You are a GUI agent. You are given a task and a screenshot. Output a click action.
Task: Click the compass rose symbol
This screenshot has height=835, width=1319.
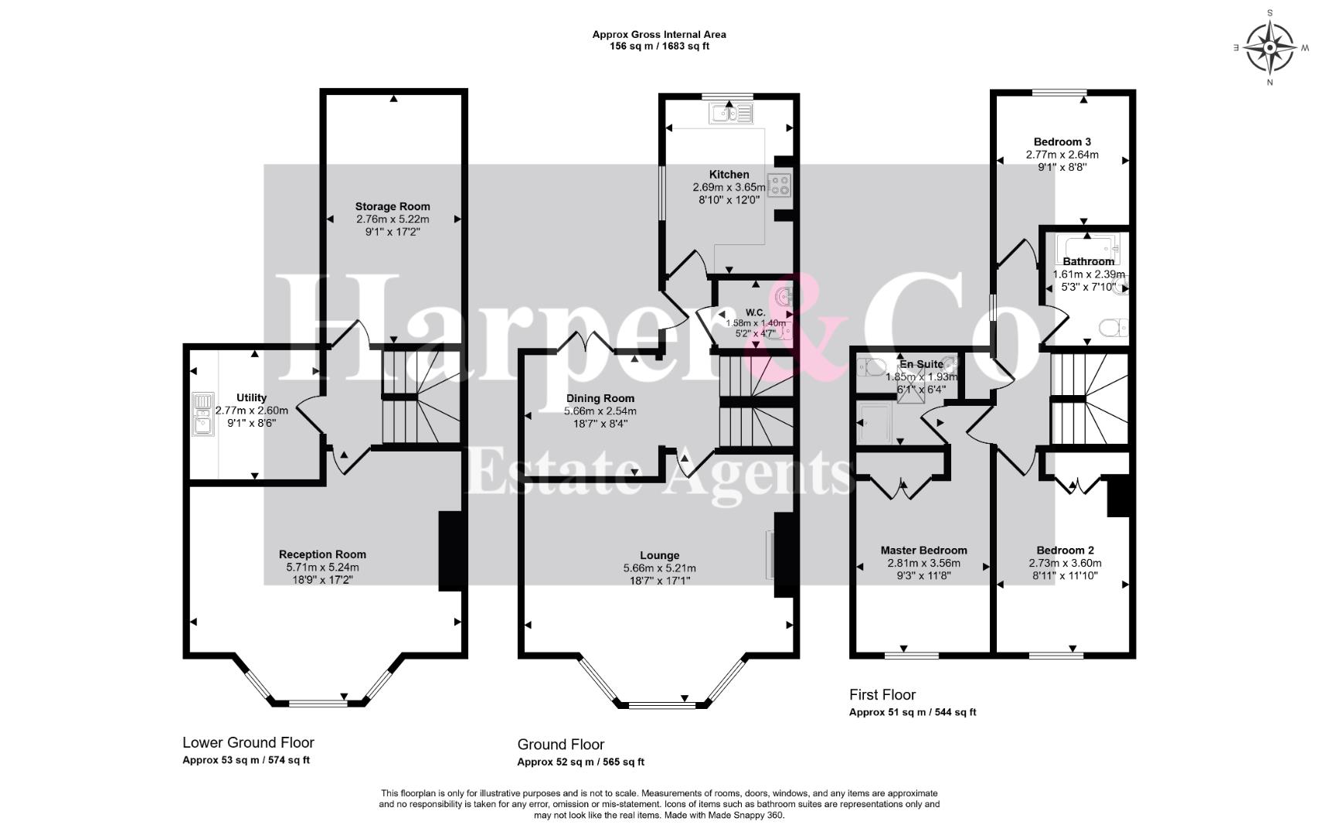(x=1270, y=48)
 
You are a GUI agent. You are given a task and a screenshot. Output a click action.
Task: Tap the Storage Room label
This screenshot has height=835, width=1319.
(x=393, y=206)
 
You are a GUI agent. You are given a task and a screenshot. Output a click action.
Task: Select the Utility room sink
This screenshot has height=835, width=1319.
(x=202, y=414)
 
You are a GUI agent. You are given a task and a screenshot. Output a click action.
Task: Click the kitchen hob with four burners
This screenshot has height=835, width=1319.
(x=779, y=185)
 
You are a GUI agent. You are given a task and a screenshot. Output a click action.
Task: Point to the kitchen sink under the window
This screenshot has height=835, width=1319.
(x=731, y=113)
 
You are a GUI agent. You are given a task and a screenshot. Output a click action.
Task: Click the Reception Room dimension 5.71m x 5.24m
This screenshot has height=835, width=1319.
(x=322, y=567)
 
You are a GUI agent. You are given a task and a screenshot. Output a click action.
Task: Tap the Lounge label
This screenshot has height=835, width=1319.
(x=660, y=555)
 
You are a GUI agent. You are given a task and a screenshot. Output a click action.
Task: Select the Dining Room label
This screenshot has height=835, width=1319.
(x=600, y=398)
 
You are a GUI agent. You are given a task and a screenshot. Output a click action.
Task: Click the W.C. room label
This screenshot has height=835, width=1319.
(x=756, y=312)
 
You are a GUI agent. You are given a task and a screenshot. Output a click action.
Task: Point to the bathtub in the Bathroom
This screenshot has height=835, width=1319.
(x=1088, y=247)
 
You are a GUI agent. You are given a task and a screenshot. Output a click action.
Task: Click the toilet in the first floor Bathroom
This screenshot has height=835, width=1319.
(x=1113, y=328)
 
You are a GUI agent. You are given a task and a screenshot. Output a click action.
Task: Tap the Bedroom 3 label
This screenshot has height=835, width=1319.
(x=1062, y=141)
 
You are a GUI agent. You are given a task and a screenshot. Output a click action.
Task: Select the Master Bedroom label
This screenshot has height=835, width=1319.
(x=923, y=550)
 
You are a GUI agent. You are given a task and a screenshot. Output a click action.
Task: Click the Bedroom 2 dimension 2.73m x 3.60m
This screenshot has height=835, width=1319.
(x=1065, y=564)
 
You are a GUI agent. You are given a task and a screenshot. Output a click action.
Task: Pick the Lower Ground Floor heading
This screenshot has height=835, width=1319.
(x=248, y=742)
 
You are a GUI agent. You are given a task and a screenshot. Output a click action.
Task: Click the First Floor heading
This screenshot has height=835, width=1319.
(x=882, y=695)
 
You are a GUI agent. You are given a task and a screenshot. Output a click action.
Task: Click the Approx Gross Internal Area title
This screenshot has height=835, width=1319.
(x=659, y=34)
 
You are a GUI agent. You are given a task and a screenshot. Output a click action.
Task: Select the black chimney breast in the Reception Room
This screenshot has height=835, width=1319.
(x=451, y=551)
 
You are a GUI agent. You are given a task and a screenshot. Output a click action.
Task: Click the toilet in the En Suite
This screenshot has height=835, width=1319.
(x=871, y=366)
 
